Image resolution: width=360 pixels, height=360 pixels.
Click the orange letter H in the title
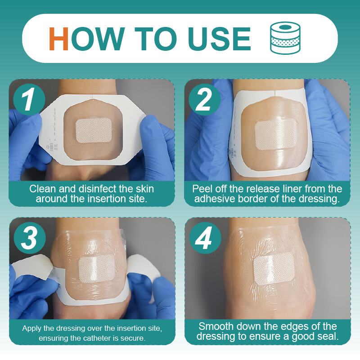(58, 39)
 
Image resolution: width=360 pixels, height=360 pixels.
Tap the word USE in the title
(220, 39)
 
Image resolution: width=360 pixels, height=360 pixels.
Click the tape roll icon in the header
(285, 38)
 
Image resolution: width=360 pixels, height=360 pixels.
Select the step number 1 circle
(29, 100)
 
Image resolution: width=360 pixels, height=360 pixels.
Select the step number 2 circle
(205, 100)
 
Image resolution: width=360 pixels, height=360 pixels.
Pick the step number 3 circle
(30, 238)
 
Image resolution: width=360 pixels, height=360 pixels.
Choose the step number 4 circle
(205, 238)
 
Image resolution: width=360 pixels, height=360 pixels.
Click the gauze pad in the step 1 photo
(94, 130)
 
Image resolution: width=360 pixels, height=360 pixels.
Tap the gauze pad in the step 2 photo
(276, 133)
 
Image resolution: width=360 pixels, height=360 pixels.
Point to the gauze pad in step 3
(97, 269)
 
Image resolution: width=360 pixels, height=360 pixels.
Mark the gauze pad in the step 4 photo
(274, 269)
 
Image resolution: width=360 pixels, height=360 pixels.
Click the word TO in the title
(156, 39)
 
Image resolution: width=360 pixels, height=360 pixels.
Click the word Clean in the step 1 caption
(43, 189)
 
